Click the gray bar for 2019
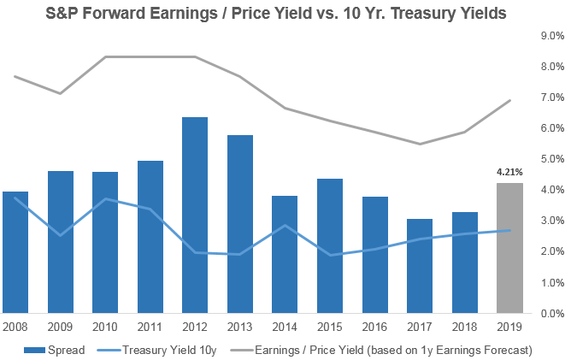click(x=509, y=248)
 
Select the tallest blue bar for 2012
click(x=194, y=215)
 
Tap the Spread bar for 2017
click(x=419, y=266)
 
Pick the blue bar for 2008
click(x=15, y=252)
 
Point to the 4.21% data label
click(x=509, y=172)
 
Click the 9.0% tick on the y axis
click(x=552, y=36)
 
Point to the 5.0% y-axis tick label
click(x=552, y=159)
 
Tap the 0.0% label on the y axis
click(x=552, y=313)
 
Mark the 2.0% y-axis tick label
click(x=552, y=251)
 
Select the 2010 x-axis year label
click(x=105, y=327)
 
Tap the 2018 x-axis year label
click(x=464, y=327)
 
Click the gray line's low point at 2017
click(x=419, y=144)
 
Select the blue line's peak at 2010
click(x=105, y=198)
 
